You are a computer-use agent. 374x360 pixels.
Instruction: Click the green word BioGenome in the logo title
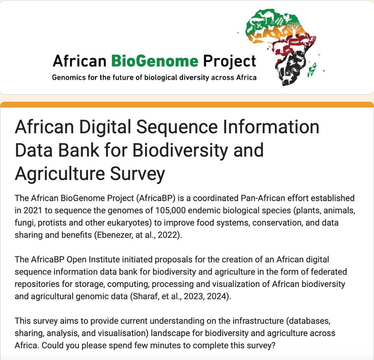[154, 61]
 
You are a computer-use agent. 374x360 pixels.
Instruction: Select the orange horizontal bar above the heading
[187, 105]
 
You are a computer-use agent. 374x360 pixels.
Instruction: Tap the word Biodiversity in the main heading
[180, 150]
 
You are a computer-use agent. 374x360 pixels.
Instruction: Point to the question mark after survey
[273, 346]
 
